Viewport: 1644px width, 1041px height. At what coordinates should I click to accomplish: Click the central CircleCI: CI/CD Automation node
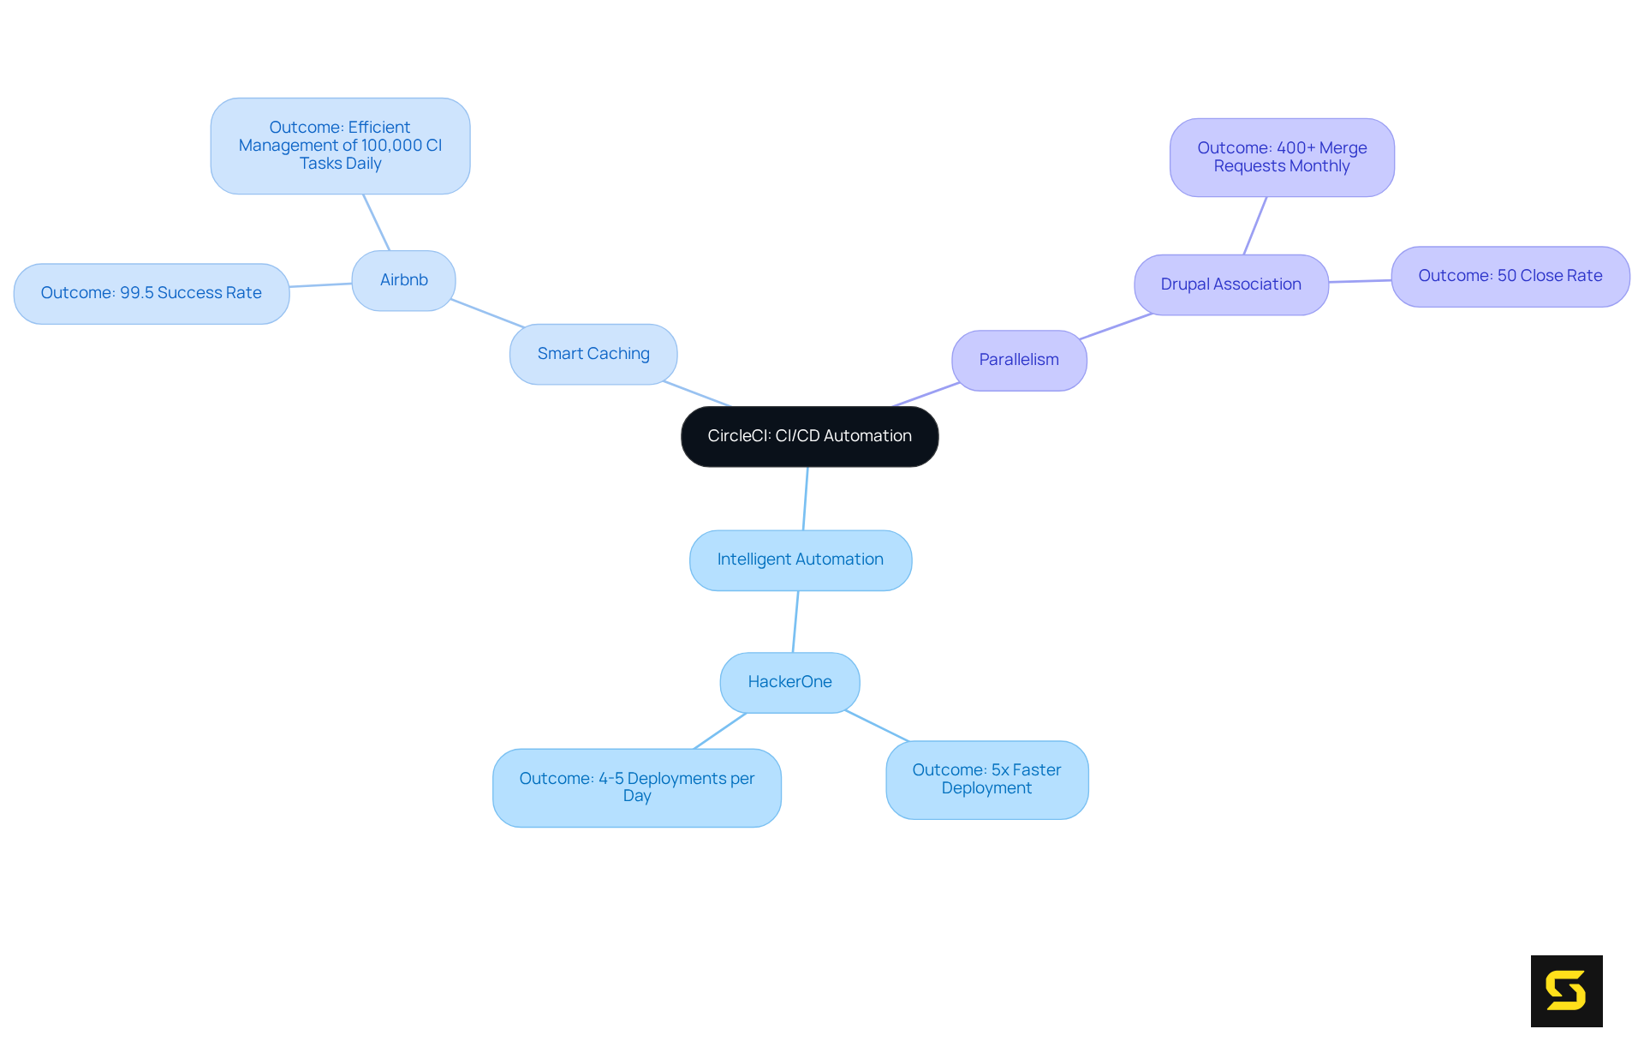pyautogui.click(x=809, y=436)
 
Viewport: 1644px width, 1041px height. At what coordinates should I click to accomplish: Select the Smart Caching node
pyautogui.click(x=593, y=354)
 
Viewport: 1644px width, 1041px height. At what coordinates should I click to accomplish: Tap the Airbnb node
pyautogui.click(x=403, y=280)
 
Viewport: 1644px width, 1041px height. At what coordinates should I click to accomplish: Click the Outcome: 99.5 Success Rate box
pyautogui.click(x=151, y=293)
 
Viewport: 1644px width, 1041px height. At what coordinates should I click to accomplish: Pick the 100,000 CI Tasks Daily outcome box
pyautogui.click(x=340, y=146)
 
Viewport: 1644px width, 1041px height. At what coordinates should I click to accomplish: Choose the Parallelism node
pyautogui.click(x=1018, y=360)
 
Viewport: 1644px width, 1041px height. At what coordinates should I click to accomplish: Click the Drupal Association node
pyautogui.click(x=1230, y=284)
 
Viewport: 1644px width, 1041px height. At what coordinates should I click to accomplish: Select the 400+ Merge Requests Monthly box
pyautogui.click(x=1281, y=158)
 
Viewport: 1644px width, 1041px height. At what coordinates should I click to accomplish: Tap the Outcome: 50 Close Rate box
pyautogui.click(x=1510, y=276)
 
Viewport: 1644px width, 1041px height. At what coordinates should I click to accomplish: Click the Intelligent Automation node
pyautogui.click(x=800, y=559)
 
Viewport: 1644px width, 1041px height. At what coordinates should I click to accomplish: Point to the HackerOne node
pyautogui.click(x=789, y=682)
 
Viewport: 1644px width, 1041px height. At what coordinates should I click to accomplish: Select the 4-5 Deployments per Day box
pyautogui.click(x=636, y=787)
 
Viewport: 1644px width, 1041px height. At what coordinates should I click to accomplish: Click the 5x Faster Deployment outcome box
pyautogui.click(x=986, y=780)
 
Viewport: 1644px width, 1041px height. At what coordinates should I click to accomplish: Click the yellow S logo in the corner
pyautogui.click(x=1566, y=990)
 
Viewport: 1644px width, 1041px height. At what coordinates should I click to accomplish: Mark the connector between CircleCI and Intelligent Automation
pyautogui.click(x=805, y=499)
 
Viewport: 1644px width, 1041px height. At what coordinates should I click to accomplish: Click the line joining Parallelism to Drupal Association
pyautogui.click(x=1116, y=326)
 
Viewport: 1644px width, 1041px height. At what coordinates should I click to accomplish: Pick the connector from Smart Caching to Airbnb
pyautogui.click(x=486, y=313)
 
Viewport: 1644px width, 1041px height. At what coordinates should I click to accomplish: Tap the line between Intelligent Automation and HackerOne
pyautogui.click(x=795, y=621)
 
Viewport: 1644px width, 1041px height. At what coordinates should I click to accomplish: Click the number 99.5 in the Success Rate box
pyautogui.click(x=136, y=293)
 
